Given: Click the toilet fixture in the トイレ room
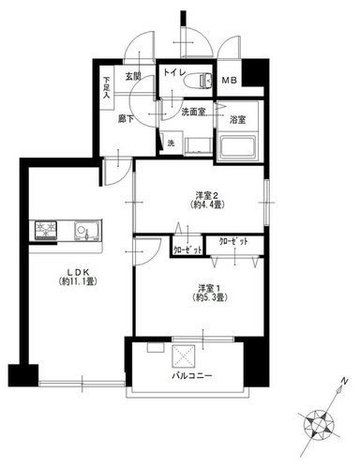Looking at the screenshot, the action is click(x=199, y=80).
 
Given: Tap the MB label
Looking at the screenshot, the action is click(x=230, y=81).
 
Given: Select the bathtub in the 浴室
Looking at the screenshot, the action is click(x=238, y=146).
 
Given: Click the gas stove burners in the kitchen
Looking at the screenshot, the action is click(x=46, y=230).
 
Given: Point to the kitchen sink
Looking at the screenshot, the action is click(x=87, y=231).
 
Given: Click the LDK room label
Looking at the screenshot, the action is click(x=79, y=271).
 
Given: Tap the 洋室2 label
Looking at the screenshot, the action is click(x=206, y=196).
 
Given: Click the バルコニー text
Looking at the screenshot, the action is click(x=192, y=375).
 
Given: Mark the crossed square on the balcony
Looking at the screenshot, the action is click(x=184, y=356).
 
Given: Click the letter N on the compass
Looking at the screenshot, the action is click(x=344, y=381).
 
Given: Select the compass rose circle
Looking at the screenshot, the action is click(x=319, y=426).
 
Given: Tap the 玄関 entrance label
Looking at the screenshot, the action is click(x=133, y=77).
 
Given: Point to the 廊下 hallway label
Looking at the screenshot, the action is click(x=126, y=119).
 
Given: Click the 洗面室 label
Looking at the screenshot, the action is click(x=193, y=112).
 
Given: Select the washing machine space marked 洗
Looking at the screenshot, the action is click(x=171, y=144).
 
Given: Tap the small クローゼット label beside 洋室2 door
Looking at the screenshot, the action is click(x=187, y=250).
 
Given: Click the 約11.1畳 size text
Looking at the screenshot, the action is click(x=79, y=281).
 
